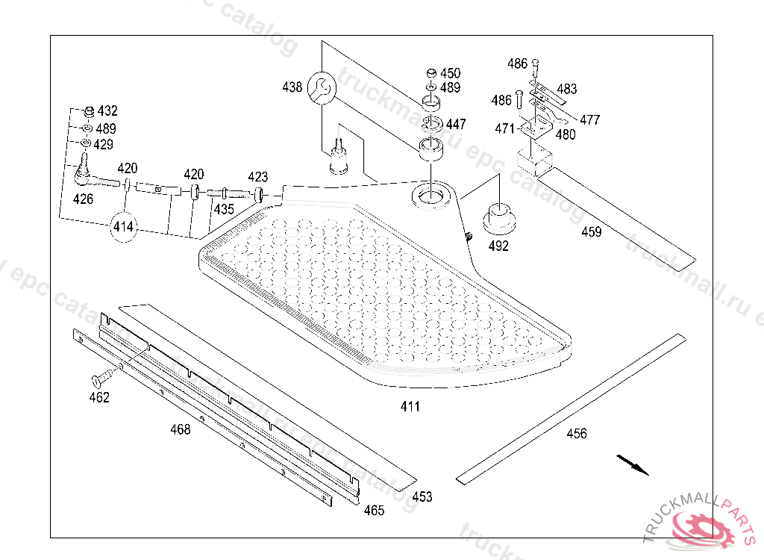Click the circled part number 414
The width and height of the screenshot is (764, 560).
[x=123, y=227]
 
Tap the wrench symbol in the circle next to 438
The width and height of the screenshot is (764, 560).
[x=322, y=88]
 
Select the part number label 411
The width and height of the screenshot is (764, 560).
[x=410, y=406]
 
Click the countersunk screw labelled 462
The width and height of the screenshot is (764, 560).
[x=102, y=378]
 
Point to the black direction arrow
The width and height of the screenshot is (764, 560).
[x=633, y=464]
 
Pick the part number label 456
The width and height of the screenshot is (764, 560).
[x=577, y=433]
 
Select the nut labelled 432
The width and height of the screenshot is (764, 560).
[x=90, y=111]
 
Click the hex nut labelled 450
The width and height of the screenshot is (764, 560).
[x=431, y=73]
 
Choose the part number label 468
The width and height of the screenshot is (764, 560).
[x=181, y=429]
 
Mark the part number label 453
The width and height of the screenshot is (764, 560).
[x=422, y=497]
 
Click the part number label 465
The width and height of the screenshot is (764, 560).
[x=374, y=510]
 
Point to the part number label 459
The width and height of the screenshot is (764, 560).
[x=591, y=231]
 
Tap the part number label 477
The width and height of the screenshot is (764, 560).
[x=589, y=119]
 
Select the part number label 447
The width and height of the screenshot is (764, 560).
[x=456, y=124]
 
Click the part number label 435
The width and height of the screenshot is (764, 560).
[x=224, y=209]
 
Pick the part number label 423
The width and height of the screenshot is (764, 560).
[x=257, y=176]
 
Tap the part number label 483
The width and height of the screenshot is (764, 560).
[x=567, y=89]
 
